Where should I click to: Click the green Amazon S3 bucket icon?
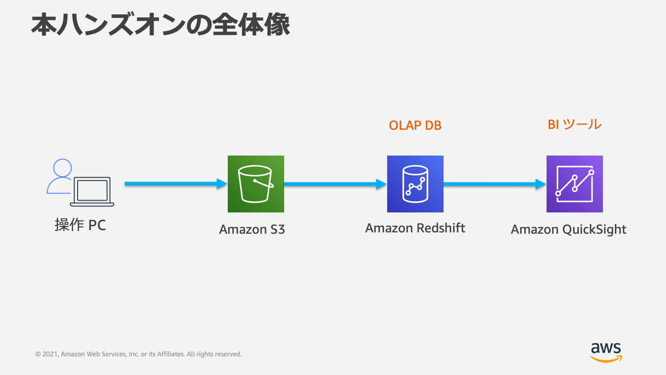pos(256,184)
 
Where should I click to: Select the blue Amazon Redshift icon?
pos(415,184)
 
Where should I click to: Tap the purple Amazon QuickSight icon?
pos(575,184)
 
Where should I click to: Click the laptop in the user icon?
pos(92,191)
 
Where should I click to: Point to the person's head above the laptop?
pos(63,168)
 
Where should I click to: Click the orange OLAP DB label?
pos(415,125)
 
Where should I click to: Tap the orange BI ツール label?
pos(575,124)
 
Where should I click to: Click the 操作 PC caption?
pos(80,225)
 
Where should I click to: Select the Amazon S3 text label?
pos(252,229)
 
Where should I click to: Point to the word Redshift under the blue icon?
pos(440,228)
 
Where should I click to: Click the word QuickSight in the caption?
pos(594,229)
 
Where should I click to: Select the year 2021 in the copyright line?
pos(50,354)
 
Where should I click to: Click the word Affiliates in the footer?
pos(170,354)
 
